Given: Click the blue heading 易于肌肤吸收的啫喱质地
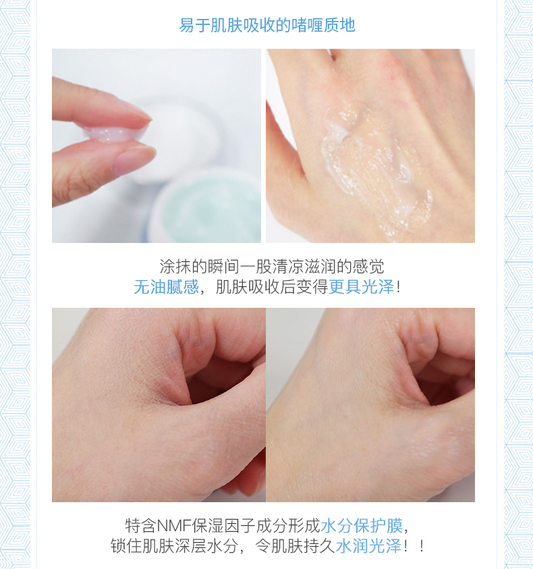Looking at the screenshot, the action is click(x=267, y=25).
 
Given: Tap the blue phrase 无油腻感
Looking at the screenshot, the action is click(x=166, y=287).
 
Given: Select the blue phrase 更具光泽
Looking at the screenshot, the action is click(x=362, y=287).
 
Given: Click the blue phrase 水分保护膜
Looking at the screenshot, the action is click(x=362, y=525).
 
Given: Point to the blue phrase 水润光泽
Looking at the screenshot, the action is click(x=368, y=546).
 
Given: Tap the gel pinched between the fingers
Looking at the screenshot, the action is click(x=115, y=132).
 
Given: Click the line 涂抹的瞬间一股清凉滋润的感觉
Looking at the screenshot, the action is click(x=272, y=267).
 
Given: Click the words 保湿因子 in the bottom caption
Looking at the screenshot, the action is click(x=224, y=525).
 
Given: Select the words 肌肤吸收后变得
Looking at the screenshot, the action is click(x=272, y=287).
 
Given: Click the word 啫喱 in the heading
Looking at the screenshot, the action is click(x=306, y=25).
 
